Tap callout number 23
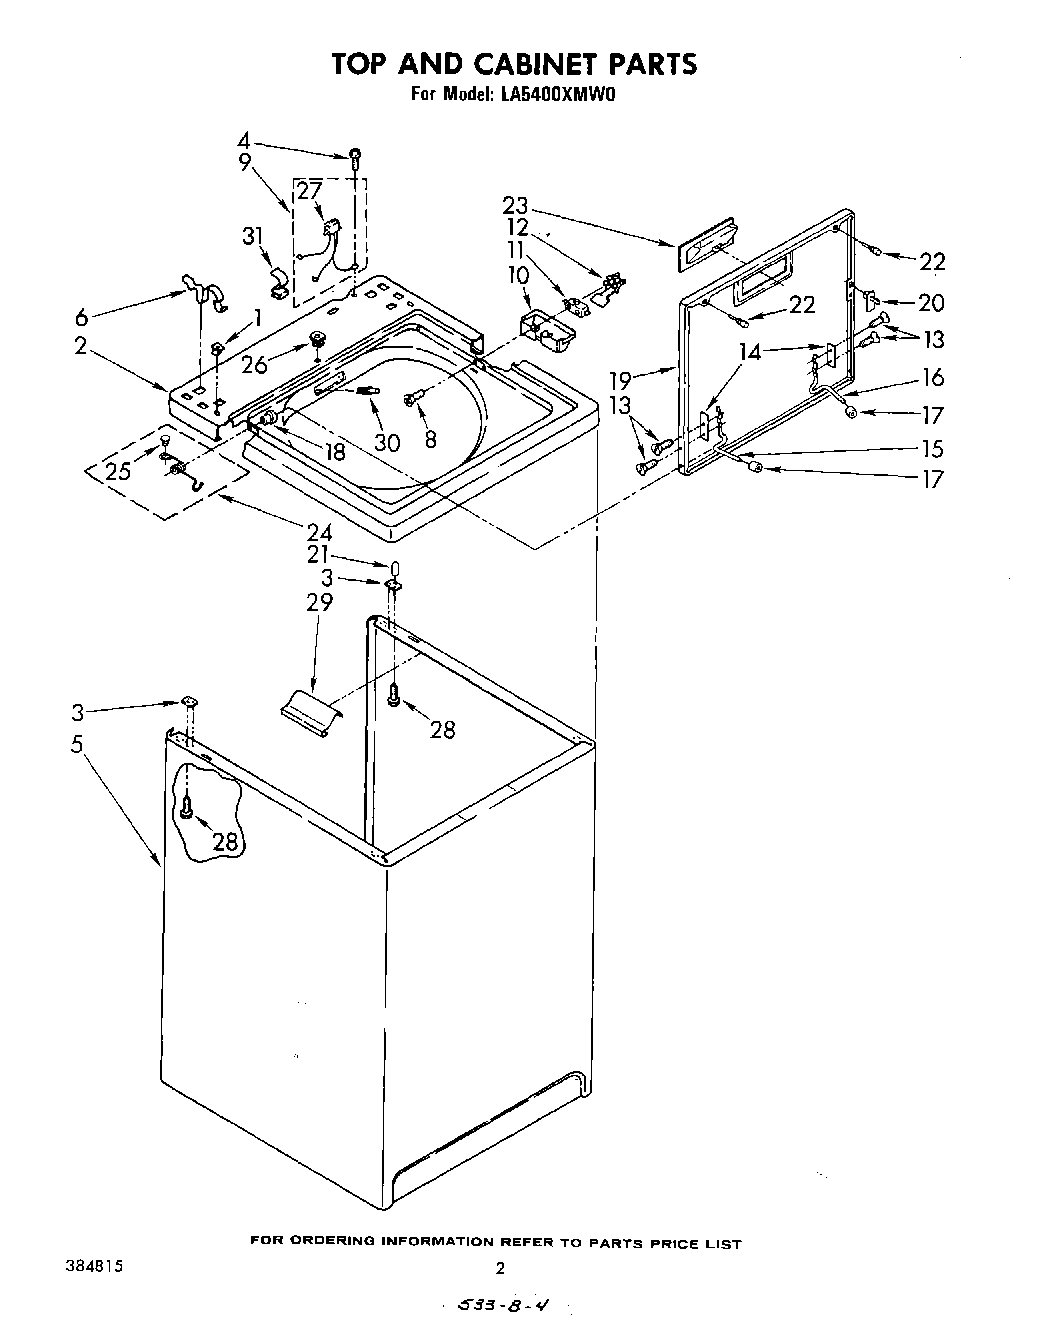515,205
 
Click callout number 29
320,602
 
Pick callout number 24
319,532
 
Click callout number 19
621,379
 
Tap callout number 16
932,377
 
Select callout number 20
931,302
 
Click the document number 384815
90,1264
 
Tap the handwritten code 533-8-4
500,1304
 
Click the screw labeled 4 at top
354,155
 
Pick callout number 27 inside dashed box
309,191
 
